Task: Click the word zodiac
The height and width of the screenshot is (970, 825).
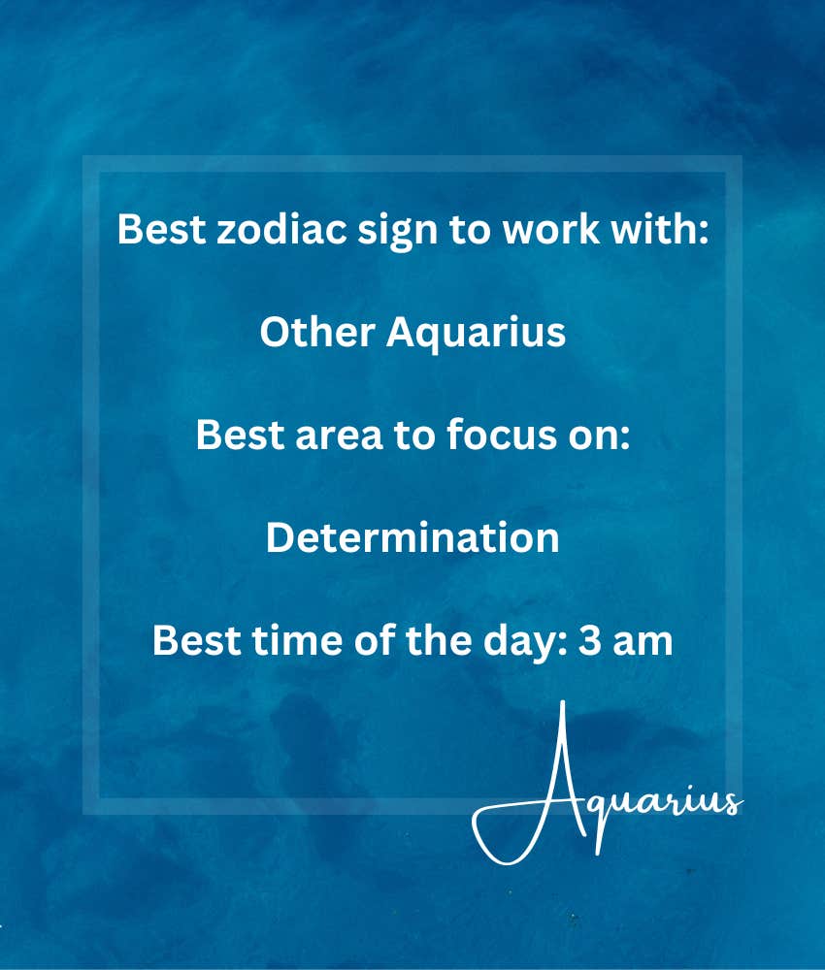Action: tap(281, 229)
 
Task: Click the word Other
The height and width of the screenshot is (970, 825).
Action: tap(317, 332)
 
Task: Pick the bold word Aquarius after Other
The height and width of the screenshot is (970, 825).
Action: tap(476, 334)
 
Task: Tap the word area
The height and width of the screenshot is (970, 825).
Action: tap(339, 435)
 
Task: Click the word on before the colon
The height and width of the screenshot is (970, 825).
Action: tap(594, 437)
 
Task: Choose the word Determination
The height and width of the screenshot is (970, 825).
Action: tap(412, 537)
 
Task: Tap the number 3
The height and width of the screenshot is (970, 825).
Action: tap(590, 641)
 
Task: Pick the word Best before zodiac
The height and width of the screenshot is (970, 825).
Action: tap(161, 229)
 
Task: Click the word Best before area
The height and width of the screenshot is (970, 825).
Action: tap(240, 435)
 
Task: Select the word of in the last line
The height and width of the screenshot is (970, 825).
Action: tap(375, 640)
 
